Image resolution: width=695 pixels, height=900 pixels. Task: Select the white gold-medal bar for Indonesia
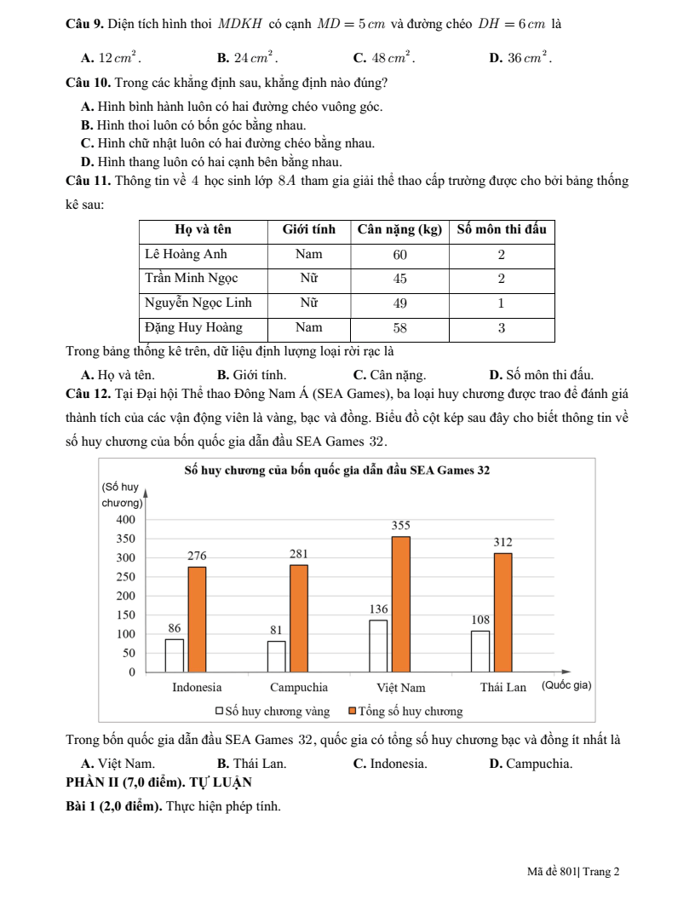[x=175, y=655]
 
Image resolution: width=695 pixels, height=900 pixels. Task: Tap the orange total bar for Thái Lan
[x=503, y=612]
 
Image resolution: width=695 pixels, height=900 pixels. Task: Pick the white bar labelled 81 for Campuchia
[x=277, y=656]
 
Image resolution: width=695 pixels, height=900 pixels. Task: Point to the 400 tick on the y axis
[x=125, y=520]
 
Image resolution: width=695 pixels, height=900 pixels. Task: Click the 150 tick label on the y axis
[x=125, y=615]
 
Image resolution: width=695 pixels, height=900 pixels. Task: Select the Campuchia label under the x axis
[x=298, y=688]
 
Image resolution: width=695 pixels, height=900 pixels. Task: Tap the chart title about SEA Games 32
[x=336, y=470]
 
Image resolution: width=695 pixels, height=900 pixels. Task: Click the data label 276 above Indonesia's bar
[x=197, y=555]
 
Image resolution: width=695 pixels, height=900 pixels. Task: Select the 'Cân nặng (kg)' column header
[x=399, y=230]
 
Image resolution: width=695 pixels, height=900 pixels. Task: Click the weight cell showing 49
[x=399, y=303]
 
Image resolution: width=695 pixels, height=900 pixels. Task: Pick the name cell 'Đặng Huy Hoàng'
[x=193, y=327]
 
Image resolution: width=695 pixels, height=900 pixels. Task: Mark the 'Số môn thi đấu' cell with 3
[x=502, y=327]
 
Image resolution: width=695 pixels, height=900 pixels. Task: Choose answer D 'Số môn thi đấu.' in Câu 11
[x=542, y=374]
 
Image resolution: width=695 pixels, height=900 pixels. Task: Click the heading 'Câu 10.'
[x=89, y=84]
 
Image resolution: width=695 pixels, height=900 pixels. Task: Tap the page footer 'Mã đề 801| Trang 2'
[x=573, y=871]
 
